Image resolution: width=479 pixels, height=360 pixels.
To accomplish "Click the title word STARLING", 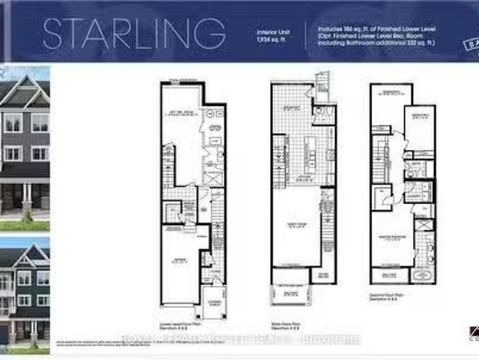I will (134, 34).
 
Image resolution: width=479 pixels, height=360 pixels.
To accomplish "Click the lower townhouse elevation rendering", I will (25, 292).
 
